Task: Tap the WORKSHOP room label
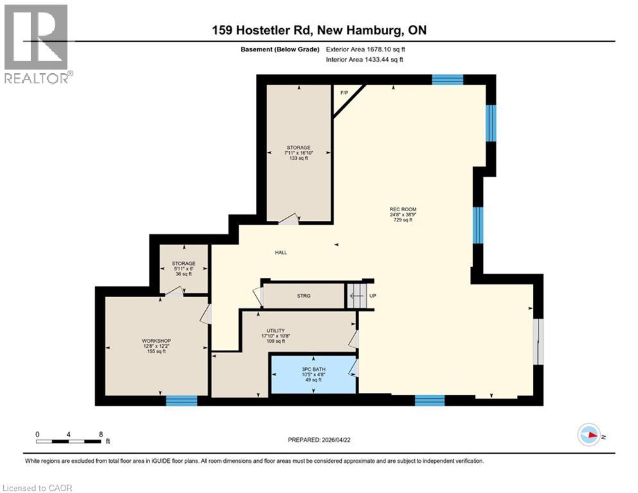click(156, 340)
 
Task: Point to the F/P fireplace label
click(344, 92)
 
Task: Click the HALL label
click(281, 252)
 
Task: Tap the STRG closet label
click(304, 296)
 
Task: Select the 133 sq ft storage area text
click(298, 158)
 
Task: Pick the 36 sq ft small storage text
click(183, 273)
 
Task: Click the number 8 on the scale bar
click(101, 433)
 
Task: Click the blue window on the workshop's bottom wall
click(181, 401)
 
